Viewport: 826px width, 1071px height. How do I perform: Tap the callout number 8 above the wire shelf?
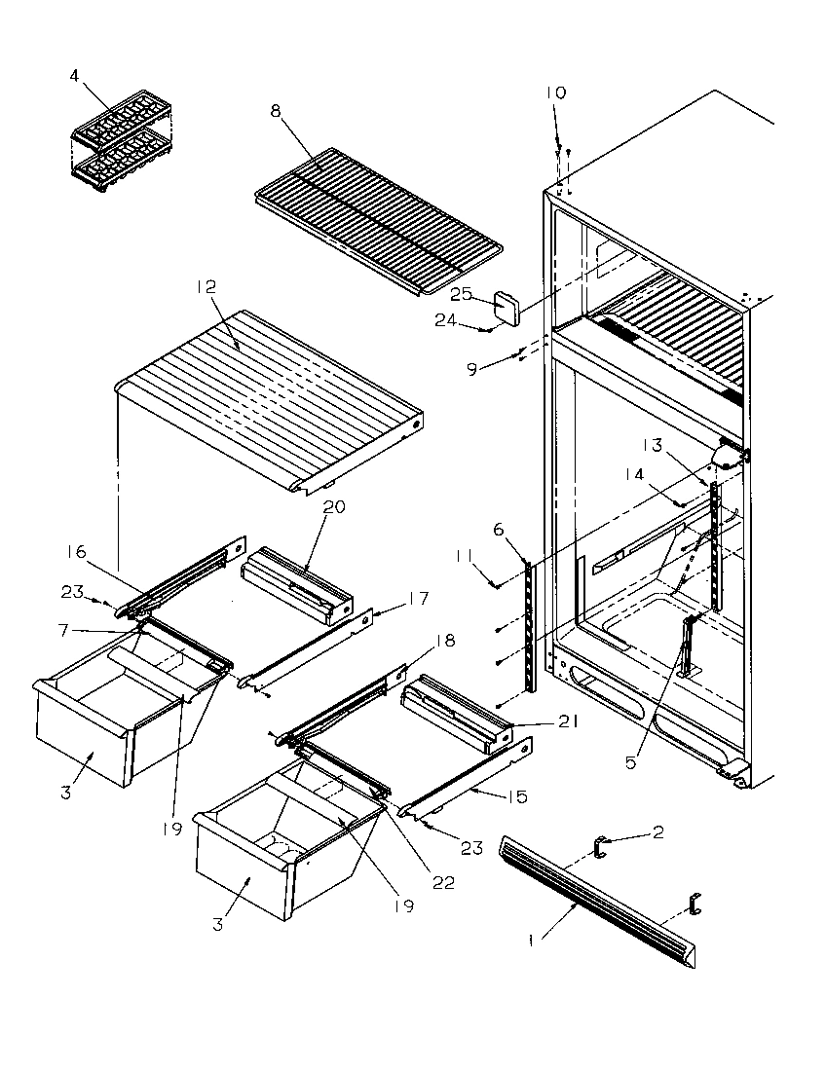(x=276, y=112)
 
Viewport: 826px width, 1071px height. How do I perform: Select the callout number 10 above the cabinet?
(x=555, y=92)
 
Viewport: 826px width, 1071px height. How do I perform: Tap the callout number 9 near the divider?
(x=472, y=369)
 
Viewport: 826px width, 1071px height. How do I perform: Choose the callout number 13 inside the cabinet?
(x=651, y=445)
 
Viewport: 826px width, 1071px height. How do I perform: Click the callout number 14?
(x=635, y=474)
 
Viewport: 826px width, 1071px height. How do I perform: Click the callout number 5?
(x=630, y=762)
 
